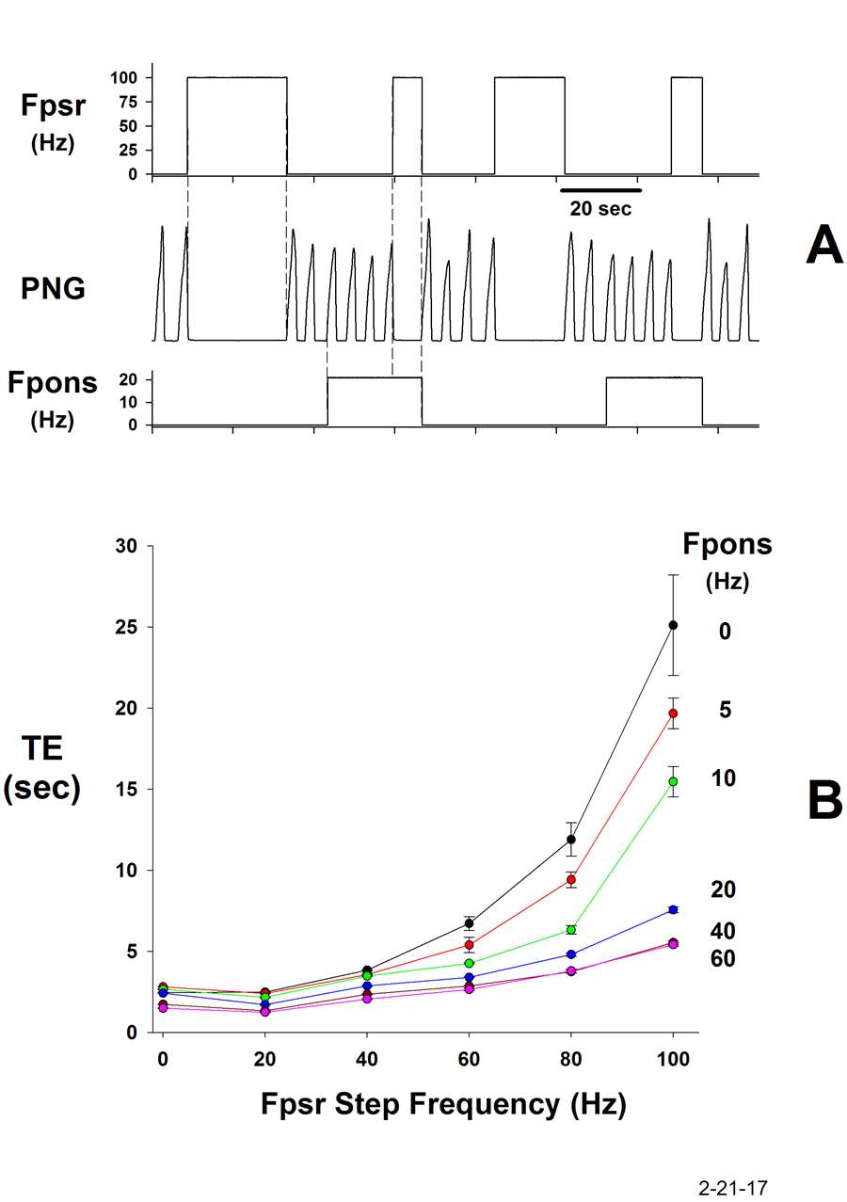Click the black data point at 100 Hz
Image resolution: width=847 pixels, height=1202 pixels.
pos(673,625)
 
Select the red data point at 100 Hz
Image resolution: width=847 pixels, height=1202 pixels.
pos(673,713)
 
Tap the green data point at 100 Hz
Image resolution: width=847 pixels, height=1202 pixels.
pos(673,781)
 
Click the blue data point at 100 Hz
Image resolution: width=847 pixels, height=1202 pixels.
pos(673,909)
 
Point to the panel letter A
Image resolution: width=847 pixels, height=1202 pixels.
pos(824,249)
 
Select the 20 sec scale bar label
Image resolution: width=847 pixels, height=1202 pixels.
pos(600,209)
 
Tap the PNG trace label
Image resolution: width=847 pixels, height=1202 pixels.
pos(53,289)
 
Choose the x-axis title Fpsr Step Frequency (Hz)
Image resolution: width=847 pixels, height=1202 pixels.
pos(443,1103)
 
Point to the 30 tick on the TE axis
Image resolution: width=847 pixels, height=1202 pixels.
pos(126,547)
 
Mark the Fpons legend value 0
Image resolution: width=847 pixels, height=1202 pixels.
pos(725,632)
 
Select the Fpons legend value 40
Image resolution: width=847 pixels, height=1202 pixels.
pos(724,931)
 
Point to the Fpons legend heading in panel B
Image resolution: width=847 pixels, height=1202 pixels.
pos(727,545)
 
